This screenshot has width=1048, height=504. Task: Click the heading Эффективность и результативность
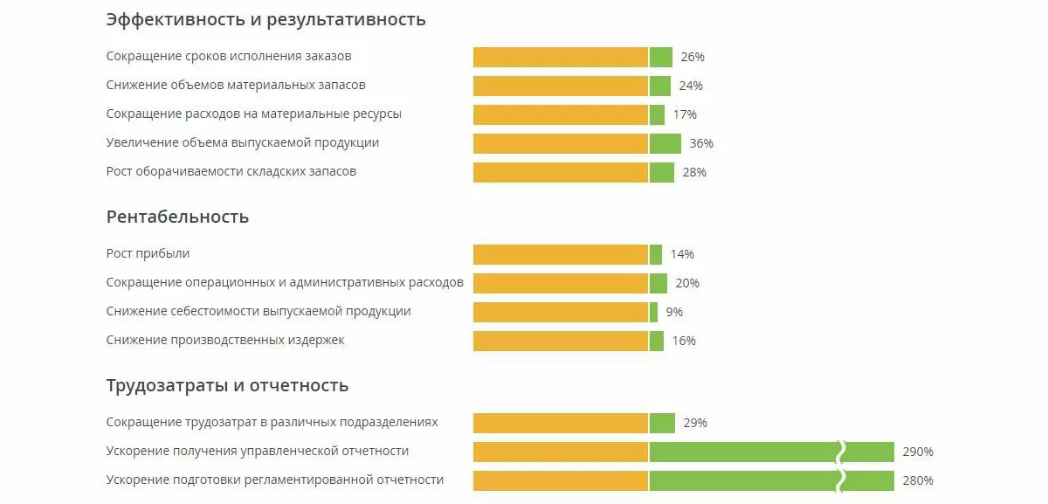coord(265,19)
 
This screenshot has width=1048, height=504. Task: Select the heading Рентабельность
coord(177,217)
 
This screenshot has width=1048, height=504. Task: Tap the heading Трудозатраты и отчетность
coord(227,385)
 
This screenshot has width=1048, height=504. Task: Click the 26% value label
coord(693,57)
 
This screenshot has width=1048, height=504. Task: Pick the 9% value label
coord(674,312)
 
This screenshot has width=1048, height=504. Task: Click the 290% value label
coord(918,452)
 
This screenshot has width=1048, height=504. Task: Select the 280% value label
coord(918,480)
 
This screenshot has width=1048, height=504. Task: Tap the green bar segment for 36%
coord(665,143)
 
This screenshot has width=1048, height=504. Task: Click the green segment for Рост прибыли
coord(656,254)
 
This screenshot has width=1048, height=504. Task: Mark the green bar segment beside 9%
coord(653,312)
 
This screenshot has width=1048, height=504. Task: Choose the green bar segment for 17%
coord(658,114)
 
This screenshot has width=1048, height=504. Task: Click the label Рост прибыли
coord(148,254)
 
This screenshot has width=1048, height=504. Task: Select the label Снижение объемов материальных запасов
coord(236,86)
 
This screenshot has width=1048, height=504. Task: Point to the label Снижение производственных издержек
coord(225,340)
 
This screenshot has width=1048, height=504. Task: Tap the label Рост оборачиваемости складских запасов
coord(231,171)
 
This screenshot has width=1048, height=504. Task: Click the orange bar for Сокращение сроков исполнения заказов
coord(561,57)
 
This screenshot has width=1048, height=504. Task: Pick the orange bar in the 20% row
coord(561,283)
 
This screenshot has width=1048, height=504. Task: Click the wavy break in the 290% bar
coord(842,452)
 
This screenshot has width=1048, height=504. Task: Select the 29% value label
coord(695,423)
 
